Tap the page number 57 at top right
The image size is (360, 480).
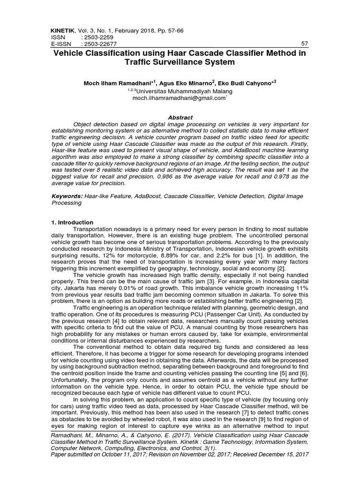(x=304, y=44)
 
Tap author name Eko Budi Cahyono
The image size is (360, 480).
(x=250, y=83)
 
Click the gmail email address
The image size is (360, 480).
(x=180, y=98)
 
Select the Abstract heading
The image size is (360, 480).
(x=180, y=117)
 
